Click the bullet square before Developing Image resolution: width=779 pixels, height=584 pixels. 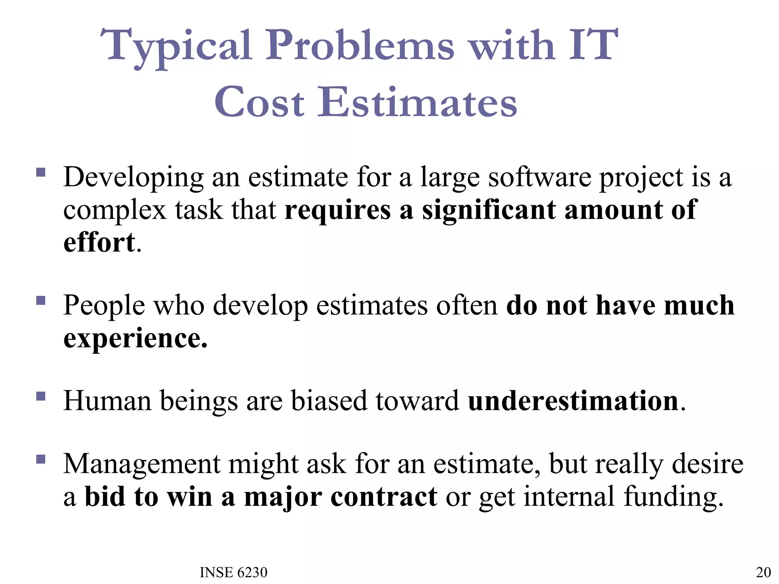tap(41, 173)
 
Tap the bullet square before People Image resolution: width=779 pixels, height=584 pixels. tap(41, 301)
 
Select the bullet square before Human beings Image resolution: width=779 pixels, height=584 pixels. tap(41, 397)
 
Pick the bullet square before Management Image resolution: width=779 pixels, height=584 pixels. tap(41, 460)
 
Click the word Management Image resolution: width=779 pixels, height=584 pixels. tap(141, 465)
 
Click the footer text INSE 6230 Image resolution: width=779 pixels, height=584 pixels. tap(234, 572)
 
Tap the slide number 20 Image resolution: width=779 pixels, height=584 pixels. tap(763, 572)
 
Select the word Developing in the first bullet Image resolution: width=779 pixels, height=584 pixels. tap(134, 178)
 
